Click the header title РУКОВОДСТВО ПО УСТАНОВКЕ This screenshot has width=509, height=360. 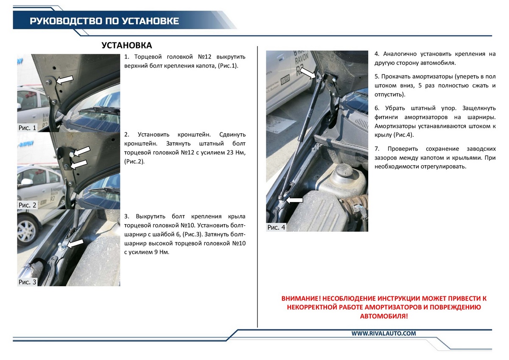tap(104, 21)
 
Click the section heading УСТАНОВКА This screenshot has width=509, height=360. tap(127, 45)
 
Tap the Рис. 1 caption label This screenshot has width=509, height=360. tap(28, 127)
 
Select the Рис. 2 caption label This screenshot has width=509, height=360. tap(28, 205)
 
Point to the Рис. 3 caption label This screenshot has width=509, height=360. tap(28, 282)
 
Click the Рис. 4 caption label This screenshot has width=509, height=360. tap(277, 228)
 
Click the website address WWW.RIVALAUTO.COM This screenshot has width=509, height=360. tap(383, 334)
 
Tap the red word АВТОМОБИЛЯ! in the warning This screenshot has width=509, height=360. tap(384, 316)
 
